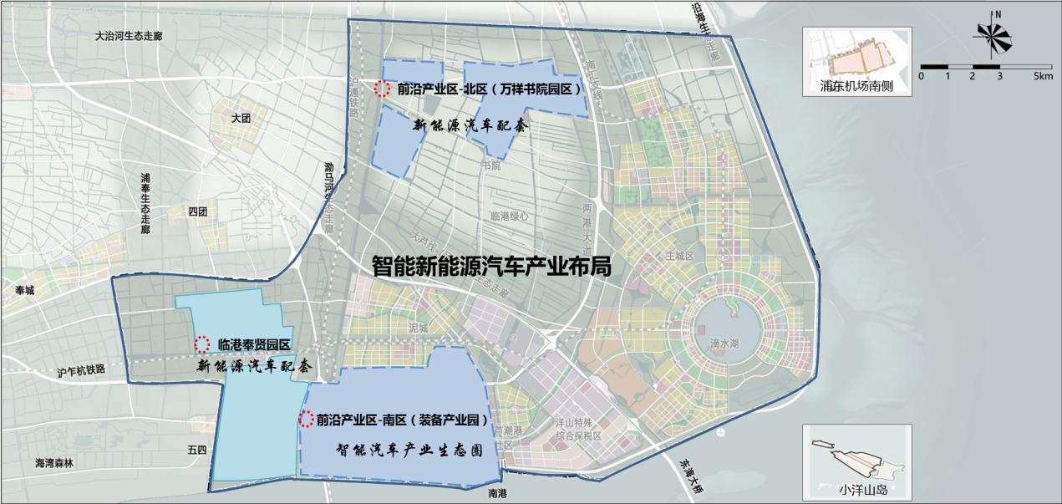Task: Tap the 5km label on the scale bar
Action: coord(1042,76)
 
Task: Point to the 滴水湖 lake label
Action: coord(724,344)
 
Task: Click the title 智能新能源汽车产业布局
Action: coord(492,267)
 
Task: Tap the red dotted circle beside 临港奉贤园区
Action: coord(201,344)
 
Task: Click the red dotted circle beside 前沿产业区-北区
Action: coord(382,87)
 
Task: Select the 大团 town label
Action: coord(241,119)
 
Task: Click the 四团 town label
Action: coord(197,211)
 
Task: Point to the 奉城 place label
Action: coord(27,290)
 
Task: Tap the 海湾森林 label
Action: coord(54,462)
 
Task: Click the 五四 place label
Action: coord(197,450)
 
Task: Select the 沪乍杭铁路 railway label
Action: coord(82,369)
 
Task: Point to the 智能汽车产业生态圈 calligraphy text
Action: coord(409,449)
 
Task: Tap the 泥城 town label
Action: coord(418,328)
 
